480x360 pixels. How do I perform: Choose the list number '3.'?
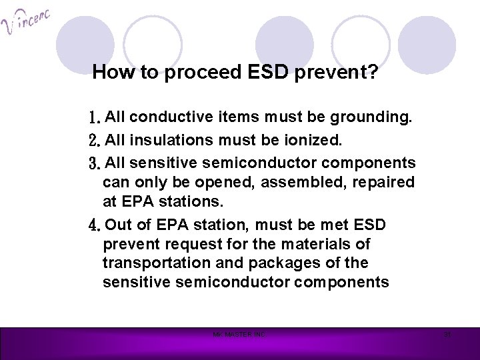click(94, 163)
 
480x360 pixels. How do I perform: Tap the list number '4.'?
click(94, 224)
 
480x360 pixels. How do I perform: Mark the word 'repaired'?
click(386, 182)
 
